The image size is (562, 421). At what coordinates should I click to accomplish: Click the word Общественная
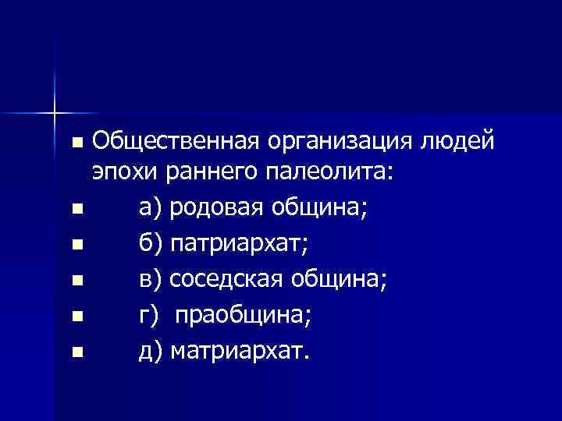tap(175, 142)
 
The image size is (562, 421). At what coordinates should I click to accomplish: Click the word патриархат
tap(238, 245)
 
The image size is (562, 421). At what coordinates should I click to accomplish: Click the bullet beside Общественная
tap(75, 143)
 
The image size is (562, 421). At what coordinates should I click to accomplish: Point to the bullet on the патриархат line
tap(75, 246)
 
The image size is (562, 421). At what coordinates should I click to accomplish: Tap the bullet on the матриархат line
tap(75, 353)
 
